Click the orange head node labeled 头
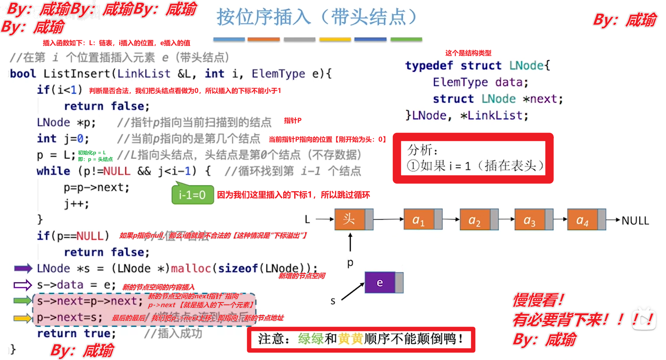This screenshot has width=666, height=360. pos(349,219)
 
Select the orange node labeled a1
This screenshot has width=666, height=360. pos(419,220)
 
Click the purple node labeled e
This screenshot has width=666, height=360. pos(380,283)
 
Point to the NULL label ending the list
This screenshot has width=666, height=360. pos(635,221)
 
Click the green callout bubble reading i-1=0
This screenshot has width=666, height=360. pos(192,195)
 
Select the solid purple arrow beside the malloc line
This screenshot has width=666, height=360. pos(23,268)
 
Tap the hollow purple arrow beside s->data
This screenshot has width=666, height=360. pos(23,285)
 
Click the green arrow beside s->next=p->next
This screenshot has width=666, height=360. pos(23,301)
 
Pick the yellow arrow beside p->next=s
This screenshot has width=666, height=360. pos(23,318)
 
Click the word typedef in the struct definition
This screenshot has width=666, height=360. pos(429,66)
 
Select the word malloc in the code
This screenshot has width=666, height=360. pos(191,268)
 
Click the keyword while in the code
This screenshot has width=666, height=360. pos(53,171)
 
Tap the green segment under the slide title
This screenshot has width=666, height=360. pos(406,39)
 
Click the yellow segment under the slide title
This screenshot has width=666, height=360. pos(335,39)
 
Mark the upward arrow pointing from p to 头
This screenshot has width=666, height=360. pos(350,242)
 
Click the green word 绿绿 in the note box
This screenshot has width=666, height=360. pos(311,339)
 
